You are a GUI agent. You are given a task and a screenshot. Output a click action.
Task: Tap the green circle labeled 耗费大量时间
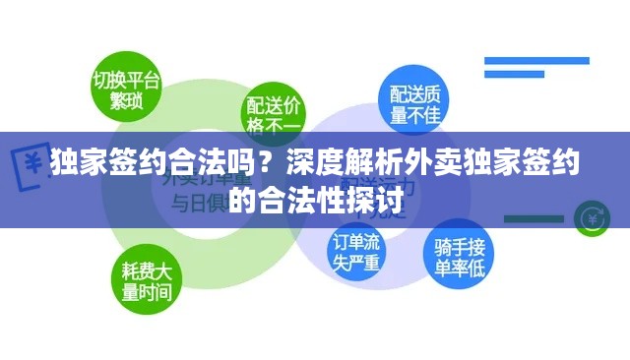[146, 280]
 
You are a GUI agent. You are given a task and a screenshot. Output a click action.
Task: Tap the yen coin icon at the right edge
[593, 213]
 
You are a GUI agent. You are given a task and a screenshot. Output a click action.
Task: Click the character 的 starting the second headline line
[243, 202]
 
